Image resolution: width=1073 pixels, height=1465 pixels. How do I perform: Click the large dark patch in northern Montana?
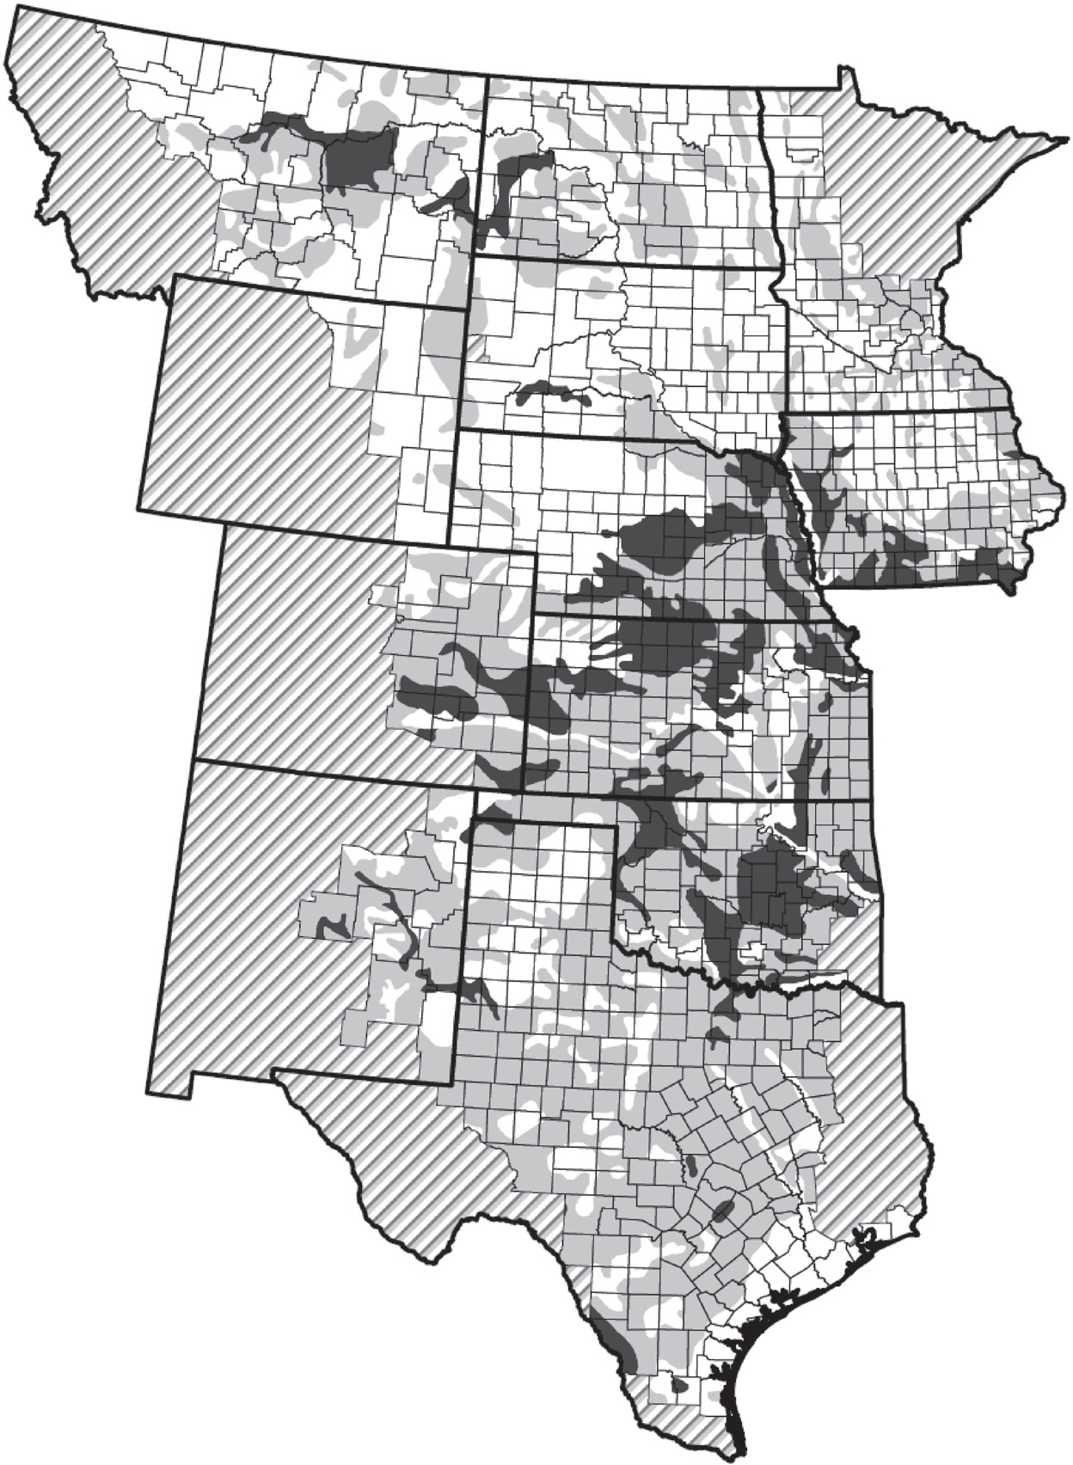point(357,159)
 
